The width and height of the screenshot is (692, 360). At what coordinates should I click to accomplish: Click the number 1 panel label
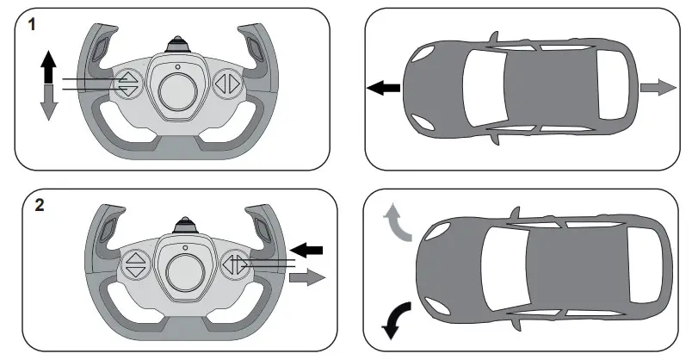pyautogui.click(x=31, y=25)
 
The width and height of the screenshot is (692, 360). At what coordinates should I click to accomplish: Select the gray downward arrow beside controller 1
pyautogui.click(x=48, y=102)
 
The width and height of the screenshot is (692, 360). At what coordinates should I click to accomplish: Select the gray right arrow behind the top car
pyautogui.click(x=658, y=86)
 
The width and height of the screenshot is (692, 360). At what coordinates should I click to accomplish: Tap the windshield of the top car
pyautogui.click(x=482, y=86)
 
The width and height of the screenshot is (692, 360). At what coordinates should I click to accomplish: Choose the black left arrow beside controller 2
pyautogui.click(x=312, y=249)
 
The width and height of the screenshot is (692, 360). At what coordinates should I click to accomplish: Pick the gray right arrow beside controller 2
pyautogui.click(x=306, y=277)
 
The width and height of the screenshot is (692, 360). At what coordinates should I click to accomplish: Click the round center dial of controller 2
pyautogui.click(x=185, y=266)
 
